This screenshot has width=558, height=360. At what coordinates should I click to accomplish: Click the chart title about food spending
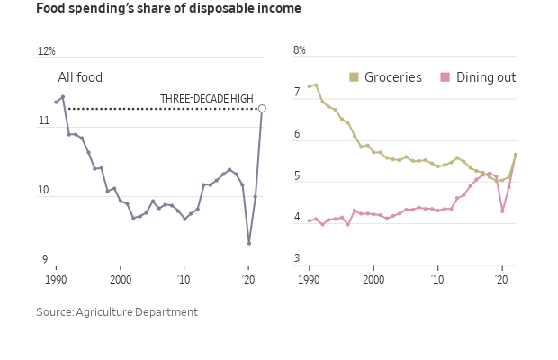(x=168, y=9)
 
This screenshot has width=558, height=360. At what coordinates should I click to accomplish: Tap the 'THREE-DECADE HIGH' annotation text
(x=206, y=99)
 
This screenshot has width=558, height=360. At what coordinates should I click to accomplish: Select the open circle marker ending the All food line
(x=262, y=109)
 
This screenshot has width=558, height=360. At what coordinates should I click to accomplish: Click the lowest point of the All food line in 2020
(x=249, y=243)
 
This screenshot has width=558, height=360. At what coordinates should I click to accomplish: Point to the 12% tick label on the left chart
(x=46, y=52)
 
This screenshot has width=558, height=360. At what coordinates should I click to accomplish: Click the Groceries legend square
(x=355, y=77)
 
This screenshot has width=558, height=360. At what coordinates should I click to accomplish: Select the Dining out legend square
(x=445, y=77)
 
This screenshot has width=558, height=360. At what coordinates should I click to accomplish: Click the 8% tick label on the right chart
(x=300, y=50)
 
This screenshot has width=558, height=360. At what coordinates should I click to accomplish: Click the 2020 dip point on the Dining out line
(x=502, y=211)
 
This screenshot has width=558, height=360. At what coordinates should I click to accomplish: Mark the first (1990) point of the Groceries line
(x=309, y=86)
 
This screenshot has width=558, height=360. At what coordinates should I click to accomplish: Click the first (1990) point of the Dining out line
(x=309, y=220)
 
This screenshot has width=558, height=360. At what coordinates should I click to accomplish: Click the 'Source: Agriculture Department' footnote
(x=117, y=312)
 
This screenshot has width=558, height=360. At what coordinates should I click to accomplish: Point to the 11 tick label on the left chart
(x=43, y=121)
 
